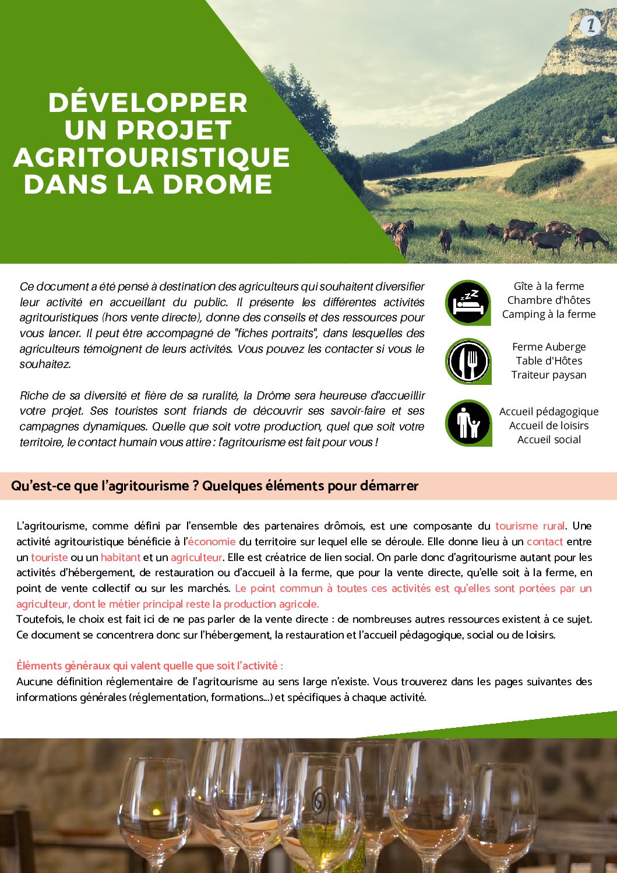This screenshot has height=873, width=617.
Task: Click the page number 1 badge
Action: point(590,25)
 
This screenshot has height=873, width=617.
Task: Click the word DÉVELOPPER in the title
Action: point(148,103)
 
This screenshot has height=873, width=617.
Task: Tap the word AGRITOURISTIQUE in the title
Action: point(151,157)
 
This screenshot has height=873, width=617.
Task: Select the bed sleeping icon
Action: point(468,303)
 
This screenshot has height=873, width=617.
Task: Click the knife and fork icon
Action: point(468,362)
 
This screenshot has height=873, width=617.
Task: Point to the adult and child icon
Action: point(468,423)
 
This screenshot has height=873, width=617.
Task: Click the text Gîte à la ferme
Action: point(549,286)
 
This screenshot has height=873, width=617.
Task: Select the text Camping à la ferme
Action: point(549,314)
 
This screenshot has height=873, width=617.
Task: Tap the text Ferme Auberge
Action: point(549,347)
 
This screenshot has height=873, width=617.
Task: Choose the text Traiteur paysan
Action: point(549,375)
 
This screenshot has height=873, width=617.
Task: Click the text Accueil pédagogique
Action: point(549,412)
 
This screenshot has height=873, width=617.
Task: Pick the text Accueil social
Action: point(549,440)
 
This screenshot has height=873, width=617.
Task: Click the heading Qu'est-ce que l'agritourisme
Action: point(214,486)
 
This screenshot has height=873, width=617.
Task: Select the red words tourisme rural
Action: point(530,526)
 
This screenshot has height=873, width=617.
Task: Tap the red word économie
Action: point(211,542)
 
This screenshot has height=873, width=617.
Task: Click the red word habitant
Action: point(121,558)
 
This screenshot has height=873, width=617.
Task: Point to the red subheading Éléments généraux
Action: point(150,666)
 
